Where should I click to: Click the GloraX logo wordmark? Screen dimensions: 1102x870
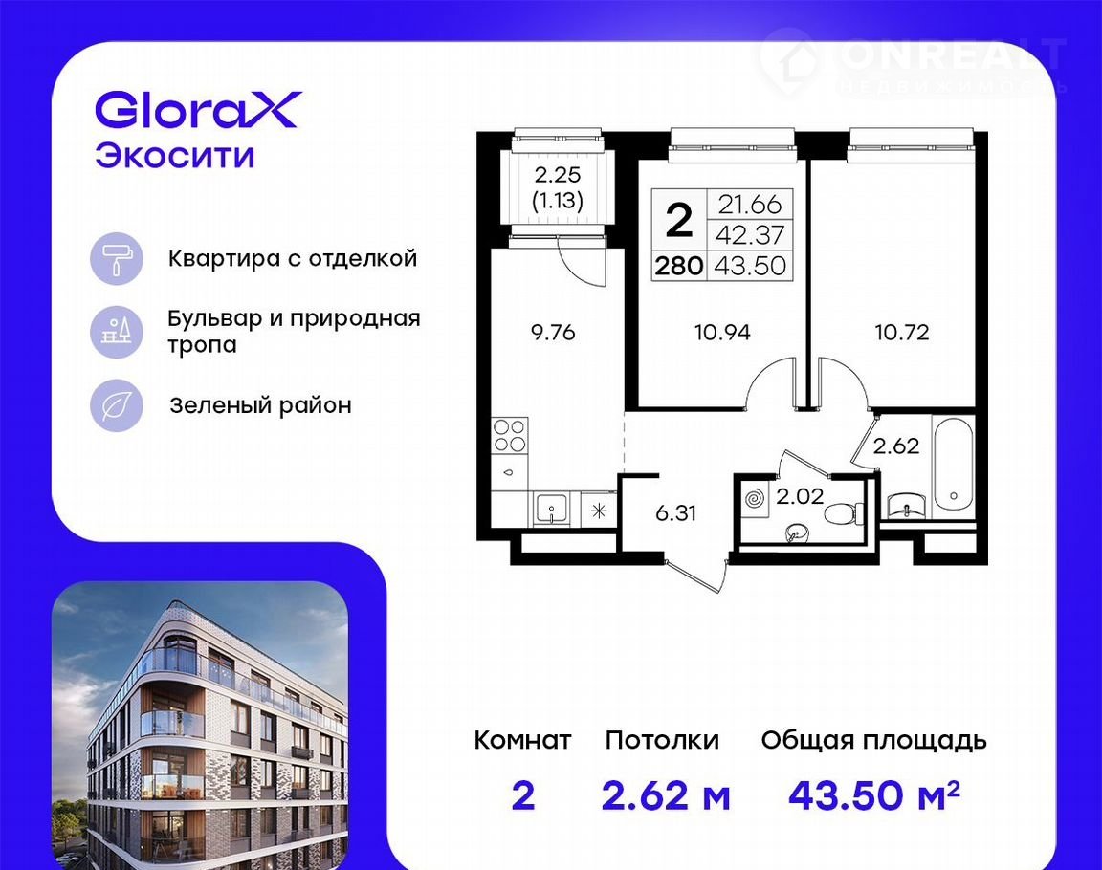tap(198, 110)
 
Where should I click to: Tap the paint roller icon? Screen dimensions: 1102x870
tap(117, 259)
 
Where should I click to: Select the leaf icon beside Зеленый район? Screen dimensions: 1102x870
tap(117, 405)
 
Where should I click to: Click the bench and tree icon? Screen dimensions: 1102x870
tap(117, 332)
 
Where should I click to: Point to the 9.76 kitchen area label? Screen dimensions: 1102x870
tap(553, 332)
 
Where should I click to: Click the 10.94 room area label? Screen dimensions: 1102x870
tap(722, 332)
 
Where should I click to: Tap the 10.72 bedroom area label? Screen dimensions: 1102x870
tap(902, 332)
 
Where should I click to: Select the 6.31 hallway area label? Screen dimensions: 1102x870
tap(675, 513)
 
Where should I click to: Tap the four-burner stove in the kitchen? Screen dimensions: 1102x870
tap(510, 435)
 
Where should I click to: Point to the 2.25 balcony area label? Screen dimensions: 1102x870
tap(558, 174)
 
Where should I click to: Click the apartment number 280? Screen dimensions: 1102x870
tap(679, 266)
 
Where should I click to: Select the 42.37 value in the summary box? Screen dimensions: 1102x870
tap(750, 234)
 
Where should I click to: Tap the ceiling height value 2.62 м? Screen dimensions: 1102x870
tap(666, 795)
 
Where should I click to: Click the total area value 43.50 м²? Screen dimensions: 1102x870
tap(873, 794)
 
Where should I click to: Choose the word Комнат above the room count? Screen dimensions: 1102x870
tap(523, 740)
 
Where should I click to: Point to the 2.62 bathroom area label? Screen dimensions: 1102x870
tap(896, 446)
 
